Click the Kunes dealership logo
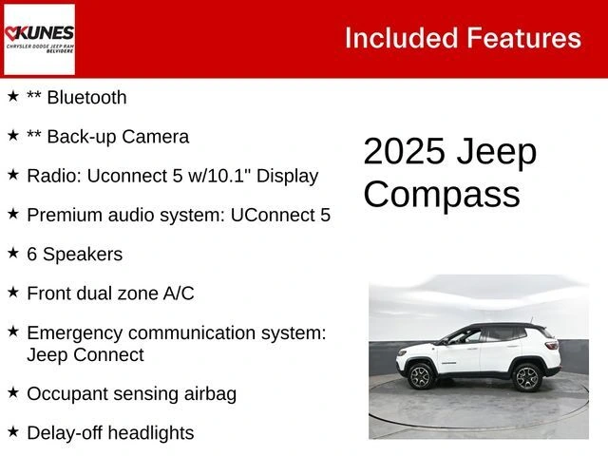coord(39,39)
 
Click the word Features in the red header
coord(523,38)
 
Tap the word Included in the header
coord(402,38)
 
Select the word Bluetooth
coord(86,97)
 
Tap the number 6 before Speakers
coord(31,255)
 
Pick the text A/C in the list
coord(179,294)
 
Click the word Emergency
coord(74,333)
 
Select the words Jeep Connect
coord(85,354)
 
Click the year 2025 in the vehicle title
coord(404,151)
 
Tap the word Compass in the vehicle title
coord(442,194)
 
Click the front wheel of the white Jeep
coord(421,376)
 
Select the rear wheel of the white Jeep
coord(527,377)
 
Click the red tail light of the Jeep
coord(551,345)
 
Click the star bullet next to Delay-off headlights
coord(13,431)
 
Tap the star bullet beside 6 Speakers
coord(13,253)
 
